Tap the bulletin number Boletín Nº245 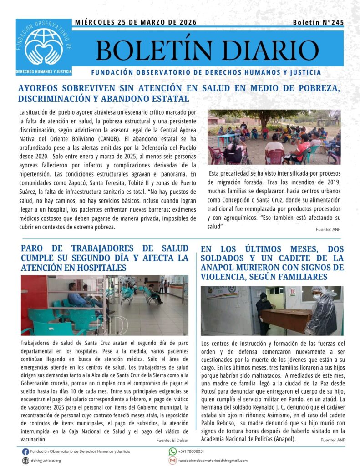point(318,22)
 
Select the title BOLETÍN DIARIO point(207,50)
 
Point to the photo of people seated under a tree point(274,137)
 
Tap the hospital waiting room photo point(104,305)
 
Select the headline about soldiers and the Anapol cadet point(272,263)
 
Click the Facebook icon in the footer point(25,451)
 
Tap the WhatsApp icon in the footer point(172,451)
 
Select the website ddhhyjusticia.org point(46,461)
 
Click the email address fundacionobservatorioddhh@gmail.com point(213,461)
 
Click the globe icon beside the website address point(25,461)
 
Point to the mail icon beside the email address point(172,461)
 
